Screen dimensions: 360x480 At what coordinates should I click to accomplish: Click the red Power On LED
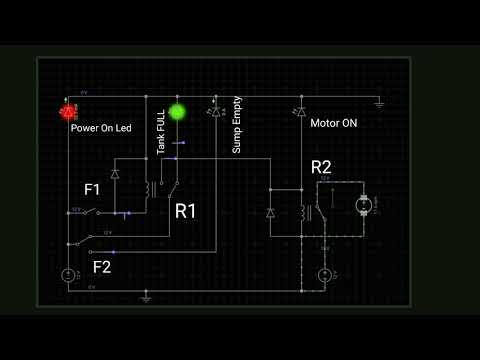pyautogui.click(x=69, y=111)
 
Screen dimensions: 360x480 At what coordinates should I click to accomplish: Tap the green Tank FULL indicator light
pyautogui.click(x=178, y=112)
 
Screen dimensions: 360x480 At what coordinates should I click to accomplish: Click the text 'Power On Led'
pyautogui.click(x=101, y=129)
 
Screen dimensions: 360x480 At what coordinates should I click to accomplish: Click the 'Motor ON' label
pyautogui.click(x=333, y=124)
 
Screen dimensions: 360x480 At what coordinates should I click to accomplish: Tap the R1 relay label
pyautogui.click(x=186, y=211)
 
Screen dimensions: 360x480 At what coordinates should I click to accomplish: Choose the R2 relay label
pyautogui.click(x=322, y=166)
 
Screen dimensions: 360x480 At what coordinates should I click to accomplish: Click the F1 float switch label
pyautogui.click(x=92, y=189)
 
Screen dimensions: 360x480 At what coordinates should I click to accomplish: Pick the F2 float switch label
pyautogui.click(x=102, y=267)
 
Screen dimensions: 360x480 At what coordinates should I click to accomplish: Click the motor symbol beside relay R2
pyautogui.click(x=363, y=205)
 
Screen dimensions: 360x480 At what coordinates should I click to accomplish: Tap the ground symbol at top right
pyautogui.click(x=380, y=102)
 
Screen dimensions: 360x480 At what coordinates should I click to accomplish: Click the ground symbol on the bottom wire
pyautogui.click(x=146, y=296)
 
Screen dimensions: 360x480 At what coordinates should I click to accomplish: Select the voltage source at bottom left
pyautogui.click(x=68, y=275)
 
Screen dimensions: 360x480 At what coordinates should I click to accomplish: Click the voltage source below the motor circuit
pyautogui.click(x=324, y=275)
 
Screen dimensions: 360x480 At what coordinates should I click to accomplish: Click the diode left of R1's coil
pyautogui.click(x=116, y=174)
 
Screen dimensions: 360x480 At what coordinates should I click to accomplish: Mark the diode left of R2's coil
pyautogui.click(x=270, y=212)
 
